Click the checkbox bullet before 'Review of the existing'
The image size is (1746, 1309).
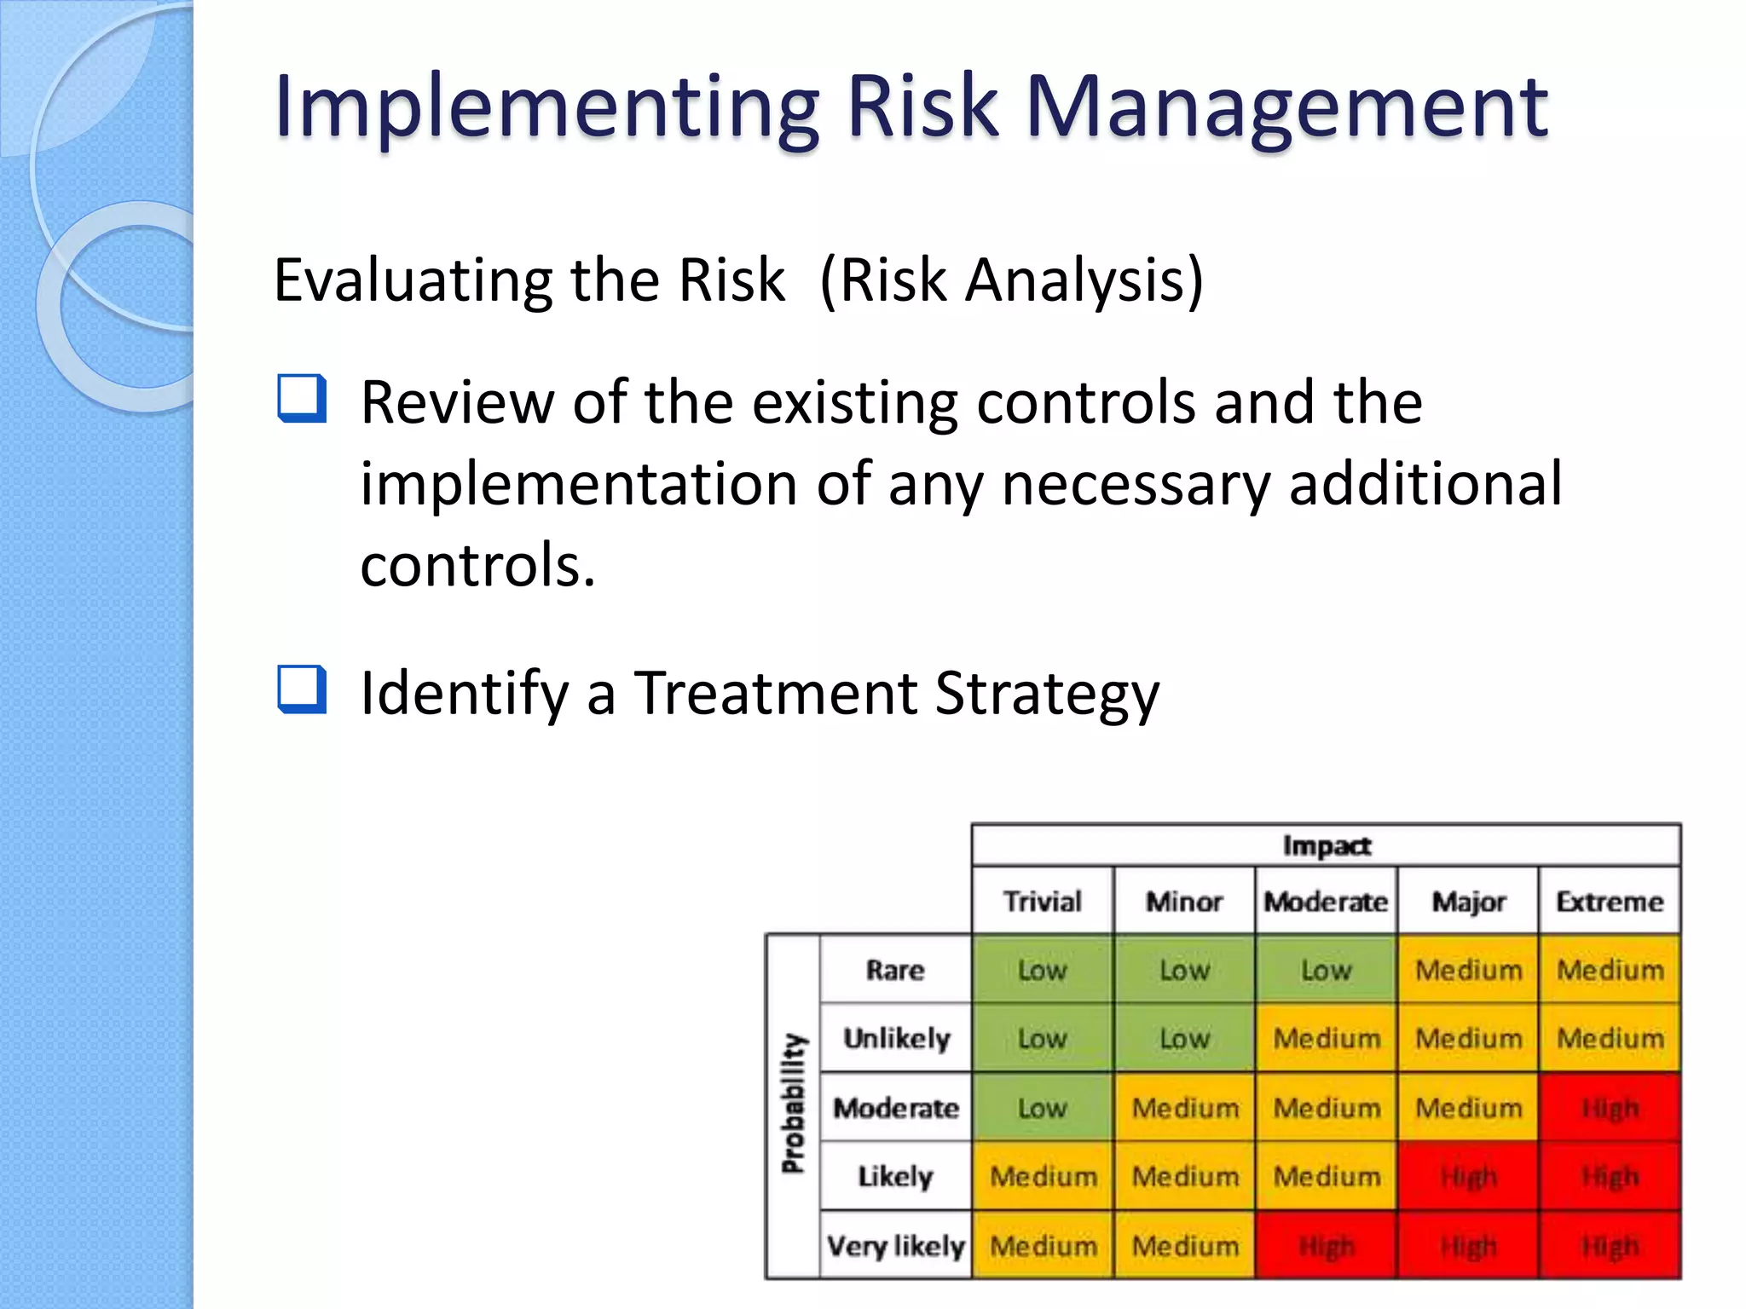pos(302,399)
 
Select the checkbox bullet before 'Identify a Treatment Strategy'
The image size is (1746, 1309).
pos(302,689)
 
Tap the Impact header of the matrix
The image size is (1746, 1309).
pos(1326,845)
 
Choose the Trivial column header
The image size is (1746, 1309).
pos(1042,901)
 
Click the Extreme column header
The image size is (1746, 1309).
pos(1610,901)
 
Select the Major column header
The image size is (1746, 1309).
pos(1468,901)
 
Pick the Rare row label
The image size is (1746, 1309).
pos(895,970)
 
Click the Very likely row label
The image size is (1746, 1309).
pos(895,1246)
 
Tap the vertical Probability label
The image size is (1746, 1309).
pos(794,1104)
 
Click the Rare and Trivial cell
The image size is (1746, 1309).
pos(1042,970)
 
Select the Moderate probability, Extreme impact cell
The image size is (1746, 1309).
pos(1610,1108)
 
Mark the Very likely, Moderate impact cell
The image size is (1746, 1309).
pos(1326,1246)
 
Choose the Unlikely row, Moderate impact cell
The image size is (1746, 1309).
pos(1326,1039)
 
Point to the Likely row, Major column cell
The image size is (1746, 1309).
pos(1468,1177)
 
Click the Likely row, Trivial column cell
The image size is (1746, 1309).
pos(1042,1177)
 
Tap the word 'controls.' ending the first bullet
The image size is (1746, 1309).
pos(477,565)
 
